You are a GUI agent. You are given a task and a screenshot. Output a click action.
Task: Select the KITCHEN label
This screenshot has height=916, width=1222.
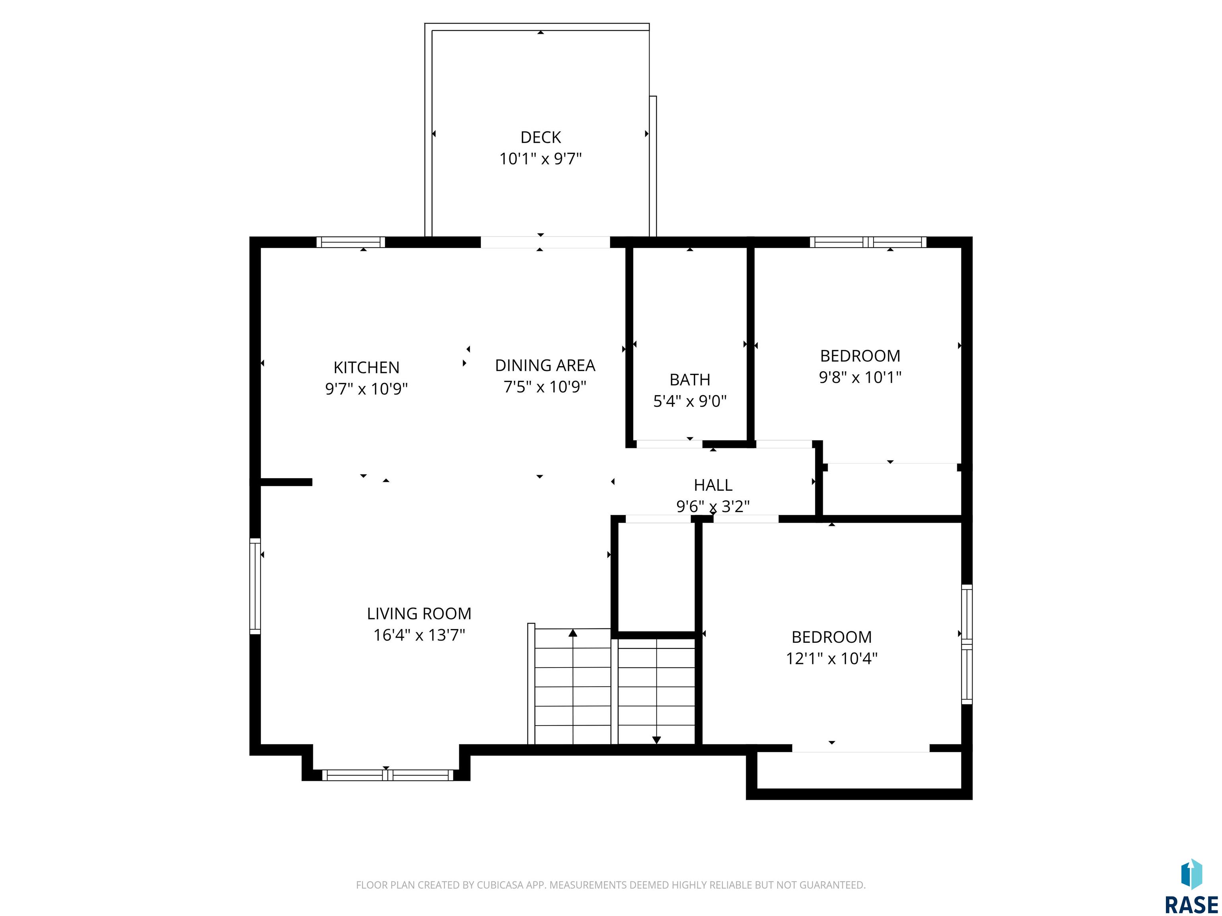point(366,367)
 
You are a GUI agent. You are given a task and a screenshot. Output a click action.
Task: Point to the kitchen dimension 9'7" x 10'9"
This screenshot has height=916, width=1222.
point(366,389)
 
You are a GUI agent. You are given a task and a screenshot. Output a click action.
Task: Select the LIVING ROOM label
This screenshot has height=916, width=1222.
point(419,613)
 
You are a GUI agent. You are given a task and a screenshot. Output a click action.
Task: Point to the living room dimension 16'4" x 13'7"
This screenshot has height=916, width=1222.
point(419,635)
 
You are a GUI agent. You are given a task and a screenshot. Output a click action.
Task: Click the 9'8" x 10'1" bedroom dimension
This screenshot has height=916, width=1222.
point(860,377)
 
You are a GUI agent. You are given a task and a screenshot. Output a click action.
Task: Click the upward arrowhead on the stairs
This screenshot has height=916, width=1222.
point(573,633)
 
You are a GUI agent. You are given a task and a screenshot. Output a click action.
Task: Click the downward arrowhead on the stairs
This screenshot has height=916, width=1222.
point(656,740)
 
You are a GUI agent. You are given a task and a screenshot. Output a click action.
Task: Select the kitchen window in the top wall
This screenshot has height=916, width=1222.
point(351,242)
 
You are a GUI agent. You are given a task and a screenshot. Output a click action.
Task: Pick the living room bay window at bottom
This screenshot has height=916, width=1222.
point(387,774)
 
